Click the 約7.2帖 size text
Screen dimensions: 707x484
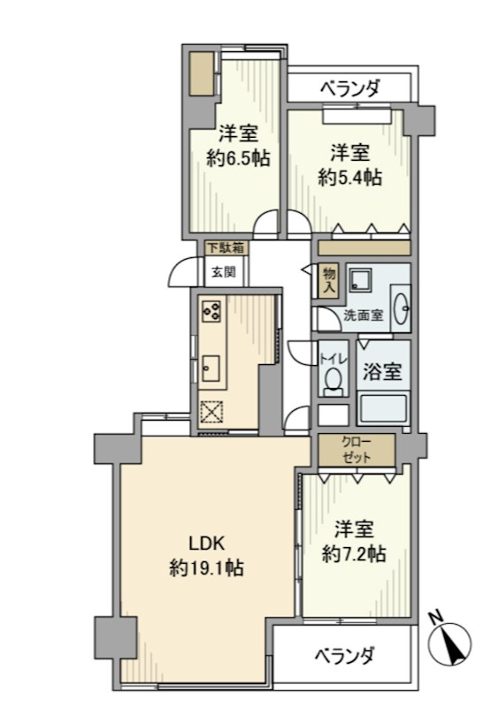(353, 554)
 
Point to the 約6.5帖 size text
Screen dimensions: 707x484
(238, 159)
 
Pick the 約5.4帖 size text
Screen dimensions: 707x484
(350, 177)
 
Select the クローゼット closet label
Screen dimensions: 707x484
(356, 450)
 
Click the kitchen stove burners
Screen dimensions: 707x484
(211, 310)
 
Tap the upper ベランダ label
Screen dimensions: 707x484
(350, 88)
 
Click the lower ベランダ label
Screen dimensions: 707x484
(344, 656)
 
